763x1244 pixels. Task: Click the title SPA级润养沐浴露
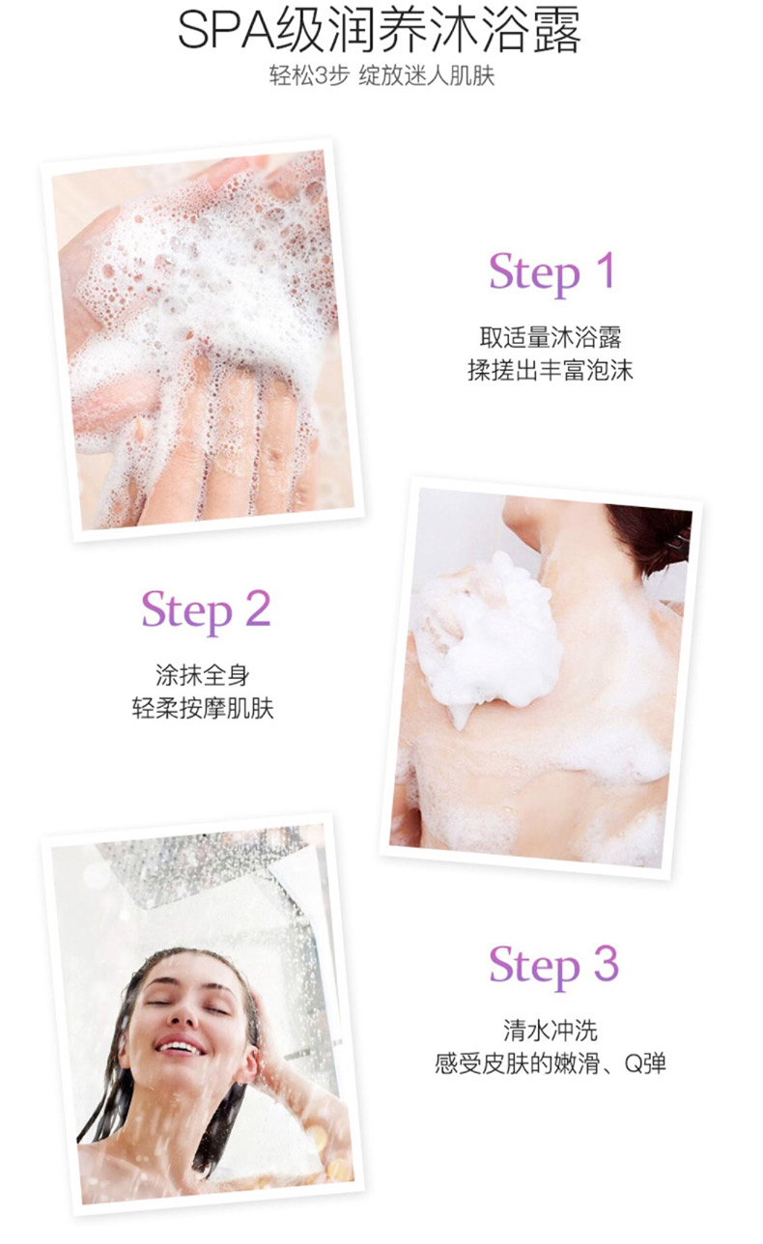380,32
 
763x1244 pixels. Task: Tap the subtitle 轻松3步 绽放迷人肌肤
381,76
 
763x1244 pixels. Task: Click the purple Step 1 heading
552,272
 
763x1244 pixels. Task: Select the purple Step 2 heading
206,610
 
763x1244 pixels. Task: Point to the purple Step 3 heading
553,967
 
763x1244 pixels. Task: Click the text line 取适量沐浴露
551,337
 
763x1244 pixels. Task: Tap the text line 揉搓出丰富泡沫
551,371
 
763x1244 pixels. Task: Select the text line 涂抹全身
203,675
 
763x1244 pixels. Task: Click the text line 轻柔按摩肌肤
203,709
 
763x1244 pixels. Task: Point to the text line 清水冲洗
551,1031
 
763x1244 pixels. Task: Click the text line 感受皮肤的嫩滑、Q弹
551,1063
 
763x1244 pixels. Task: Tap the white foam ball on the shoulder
488,638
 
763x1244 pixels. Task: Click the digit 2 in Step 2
258,608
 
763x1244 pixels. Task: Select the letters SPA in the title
226,32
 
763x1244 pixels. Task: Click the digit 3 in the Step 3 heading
607,965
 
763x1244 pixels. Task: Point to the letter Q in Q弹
633,1064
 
